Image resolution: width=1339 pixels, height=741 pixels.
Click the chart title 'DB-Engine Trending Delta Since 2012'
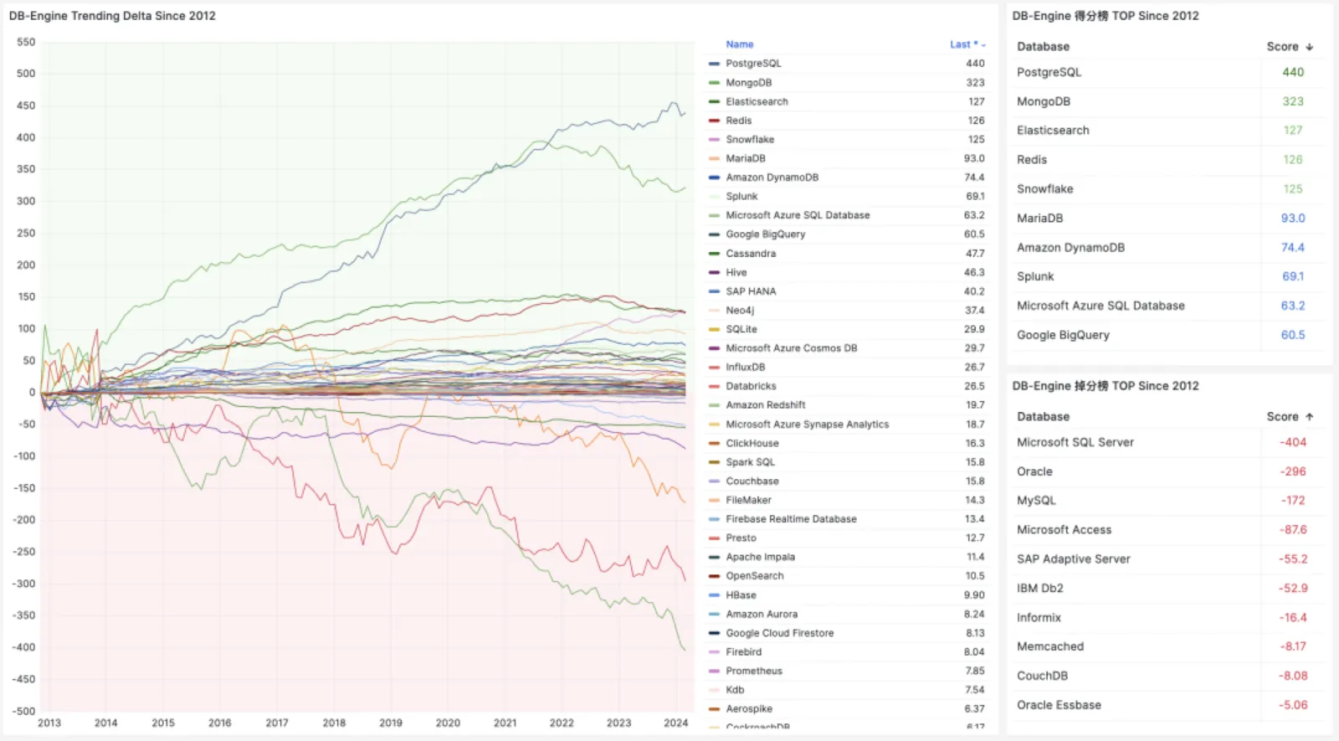coord(112,16)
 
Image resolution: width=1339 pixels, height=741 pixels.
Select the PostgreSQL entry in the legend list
coord(753,64)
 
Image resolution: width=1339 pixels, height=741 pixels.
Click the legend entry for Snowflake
coord(750,140)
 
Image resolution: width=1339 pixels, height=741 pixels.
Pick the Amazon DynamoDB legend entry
coord(772,178)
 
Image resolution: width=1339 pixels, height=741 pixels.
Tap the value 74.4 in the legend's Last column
coord(974,178)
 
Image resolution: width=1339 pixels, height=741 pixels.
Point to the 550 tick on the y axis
coord(26,42)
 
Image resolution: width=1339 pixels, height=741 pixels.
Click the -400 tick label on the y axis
coord(24,647)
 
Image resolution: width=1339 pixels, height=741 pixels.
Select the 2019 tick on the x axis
coord(391,723)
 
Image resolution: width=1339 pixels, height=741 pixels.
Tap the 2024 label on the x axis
coord(675,723)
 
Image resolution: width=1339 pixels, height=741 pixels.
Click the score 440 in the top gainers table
coord(1293,72)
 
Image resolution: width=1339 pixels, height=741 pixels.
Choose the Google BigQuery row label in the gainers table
coord(1063,335)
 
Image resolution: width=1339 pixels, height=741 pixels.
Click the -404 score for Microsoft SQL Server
coord(1293,442)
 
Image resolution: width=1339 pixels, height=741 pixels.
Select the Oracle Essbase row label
coord(1059,705)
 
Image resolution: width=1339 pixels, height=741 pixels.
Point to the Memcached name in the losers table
coord(1050,646)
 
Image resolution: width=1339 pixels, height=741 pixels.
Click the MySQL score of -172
coord(1293,501)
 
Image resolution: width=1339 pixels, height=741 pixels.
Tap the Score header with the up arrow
coord(1290,417)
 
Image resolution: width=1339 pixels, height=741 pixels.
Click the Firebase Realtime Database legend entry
coord(791,519)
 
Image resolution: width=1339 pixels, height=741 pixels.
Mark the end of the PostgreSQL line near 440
coord(685,113)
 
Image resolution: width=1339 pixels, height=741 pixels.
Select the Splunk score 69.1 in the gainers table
coord(1293,276)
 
